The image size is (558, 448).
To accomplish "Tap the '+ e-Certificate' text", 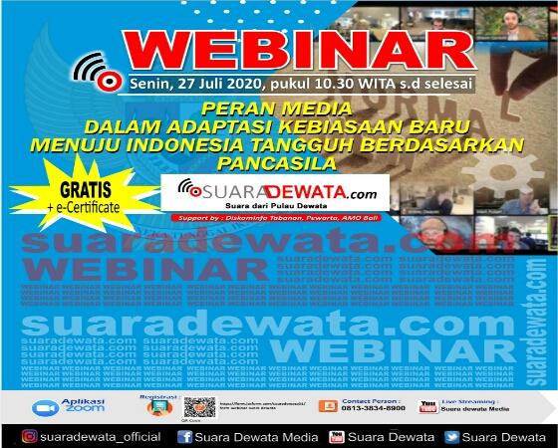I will point(82,206).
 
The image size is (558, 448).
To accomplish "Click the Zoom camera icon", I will point(45,408).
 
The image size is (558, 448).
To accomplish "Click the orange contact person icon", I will point(326,405).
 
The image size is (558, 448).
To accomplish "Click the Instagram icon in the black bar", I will point(30,436).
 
